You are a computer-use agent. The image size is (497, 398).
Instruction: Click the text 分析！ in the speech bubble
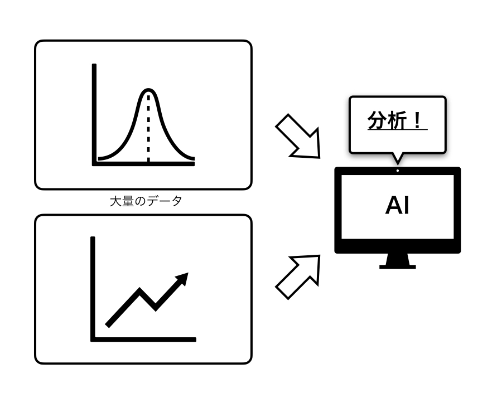tap(397, 120)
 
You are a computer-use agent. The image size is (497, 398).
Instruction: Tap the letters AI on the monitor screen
tap(397, 206)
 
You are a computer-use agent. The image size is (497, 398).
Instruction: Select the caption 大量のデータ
tap(146, 201)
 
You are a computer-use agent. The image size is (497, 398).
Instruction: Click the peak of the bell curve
tap(148, 90)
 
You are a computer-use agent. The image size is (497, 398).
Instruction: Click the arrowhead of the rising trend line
tap(182, 278)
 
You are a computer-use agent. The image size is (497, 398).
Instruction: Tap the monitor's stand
tap(398, 261)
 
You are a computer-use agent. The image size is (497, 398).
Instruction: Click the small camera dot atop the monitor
tap(398, 171)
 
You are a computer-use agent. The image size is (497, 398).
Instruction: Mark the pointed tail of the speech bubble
tap(397, 159)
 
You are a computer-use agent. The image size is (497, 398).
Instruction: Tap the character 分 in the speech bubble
tap(378, 120)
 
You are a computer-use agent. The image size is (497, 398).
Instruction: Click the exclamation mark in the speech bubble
tap(417, 120)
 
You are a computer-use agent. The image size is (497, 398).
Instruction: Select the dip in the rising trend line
tap(155, 307)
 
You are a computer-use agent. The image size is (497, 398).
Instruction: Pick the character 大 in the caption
tap(115, 201)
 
